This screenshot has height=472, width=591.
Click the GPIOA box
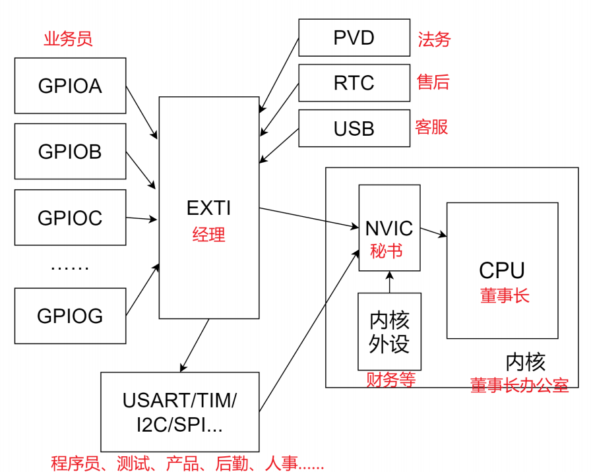pyautogui.click(x=70, y=86)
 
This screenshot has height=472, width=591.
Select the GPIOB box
pyautogui.click(x=70, y=152)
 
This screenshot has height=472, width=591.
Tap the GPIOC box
pyautogui.click(x=70, y=218)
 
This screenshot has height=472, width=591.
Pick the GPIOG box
pyautogui.click(x=70, y=316)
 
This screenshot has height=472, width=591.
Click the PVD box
pyautogui.click(x=354, y=38)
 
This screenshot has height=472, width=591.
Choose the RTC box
pyautogui.click(x=354, y=83)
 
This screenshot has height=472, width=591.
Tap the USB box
pyautogui.click(x=354, y=128)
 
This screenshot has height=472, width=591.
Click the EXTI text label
pyautogui.click(x=208, y=208)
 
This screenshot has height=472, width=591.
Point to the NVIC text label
pyautogui.click(x=389, y=228)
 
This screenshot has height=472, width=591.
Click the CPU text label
pyautogui.click(x=502, y=270)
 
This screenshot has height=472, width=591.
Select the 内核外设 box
pyautogui.click(x=389, y=332)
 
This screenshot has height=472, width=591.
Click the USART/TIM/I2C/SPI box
pyautogui.click(x=180, y=412)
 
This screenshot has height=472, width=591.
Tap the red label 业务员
pyautogui.click(x=68, y=39)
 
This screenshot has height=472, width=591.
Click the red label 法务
pyautogui.click(x=434, y=39)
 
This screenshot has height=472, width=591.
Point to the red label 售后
pyautogui.click(x=433, y=82)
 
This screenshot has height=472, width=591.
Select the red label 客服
pyautogui.click(x=431, y=127)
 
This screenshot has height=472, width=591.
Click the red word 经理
pyautogui.click(x=209, y=235)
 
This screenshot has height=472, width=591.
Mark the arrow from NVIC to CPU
pyautogui.click(x=433, y=233)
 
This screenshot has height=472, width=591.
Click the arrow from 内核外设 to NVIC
pyautogui.click(x=390, y=281)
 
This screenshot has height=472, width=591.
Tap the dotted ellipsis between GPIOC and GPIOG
pyautogui.click(x=70, y=268)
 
